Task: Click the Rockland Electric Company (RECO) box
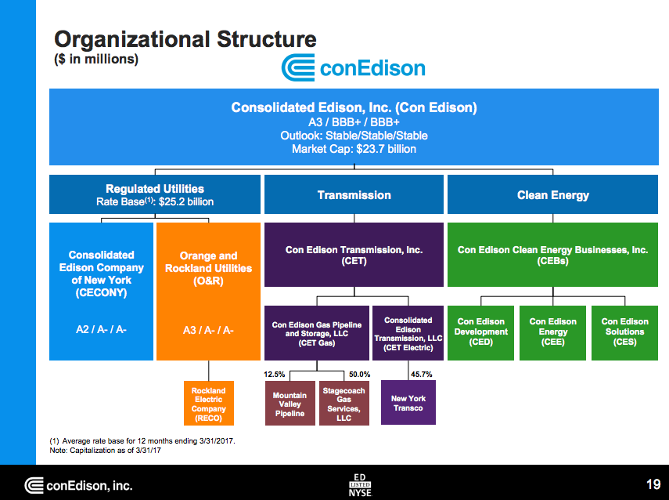[x=208, y=404]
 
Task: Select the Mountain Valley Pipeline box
[x=290, y=404]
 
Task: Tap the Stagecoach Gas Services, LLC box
[x=343, y=404]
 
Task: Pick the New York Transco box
[x=408, y=403]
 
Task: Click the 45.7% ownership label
[x=421, y=374]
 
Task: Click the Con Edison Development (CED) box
[x=480, y=332]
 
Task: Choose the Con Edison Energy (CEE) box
[x=552, y=332]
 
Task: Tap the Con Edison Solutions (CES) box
[x=624, y=332]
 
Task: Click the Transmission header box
[x=354, y=194]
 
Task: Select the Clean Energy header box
[x=552, y=194]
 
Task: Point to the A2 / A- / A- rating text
[x=100, y=330]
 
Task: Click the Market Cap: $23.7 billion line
[x=354, y=149]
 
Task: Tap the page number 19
[x=653, y=484]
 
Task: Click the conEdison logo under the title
[x=354, y=69]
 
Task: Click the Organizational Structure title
[x=185, y=39]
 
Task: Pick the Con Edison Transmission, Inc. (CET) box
[x=354, y=255]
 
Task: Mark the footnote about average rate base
[x=142, y=441]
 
